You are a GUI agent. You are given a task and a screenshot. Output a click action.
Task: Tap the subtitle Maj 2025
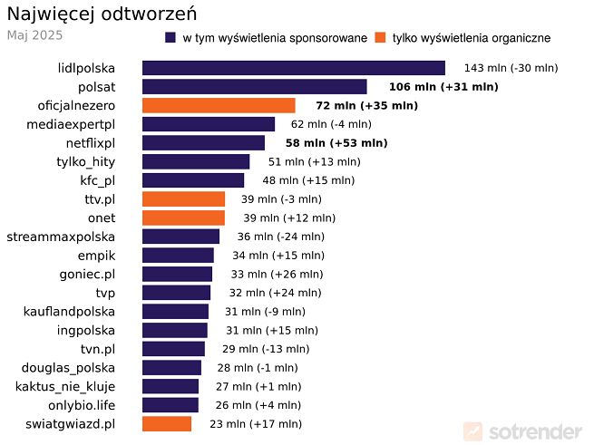coord(34,35)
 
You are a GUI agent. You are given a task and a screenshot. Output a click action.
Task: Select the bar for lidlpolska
coord(293,68)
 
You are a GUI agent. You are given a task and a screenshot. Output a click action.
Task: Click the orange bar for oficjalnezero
coord(219,105)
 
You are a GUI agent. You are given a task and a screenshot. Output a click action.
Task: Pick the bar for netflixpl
coord(203,143)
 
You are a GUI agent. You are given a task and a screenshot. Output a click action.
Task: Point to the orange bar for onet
coord(183,218)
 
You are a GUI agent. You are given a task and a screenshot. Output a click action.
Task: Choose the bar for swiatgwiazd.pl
coord(167,423)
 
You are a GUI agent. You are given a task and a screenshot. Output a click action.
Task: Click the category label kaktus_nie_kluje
coord(65,386)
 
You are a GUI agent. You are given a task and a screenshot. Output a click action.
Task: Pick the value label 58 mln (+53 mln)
coord(336,143)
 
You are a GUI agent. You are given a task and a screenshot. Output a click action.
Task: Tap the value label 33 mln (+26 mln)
coord(272,274)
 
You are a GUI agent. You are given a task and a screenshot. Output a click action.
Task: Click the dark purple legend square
coord(170,38)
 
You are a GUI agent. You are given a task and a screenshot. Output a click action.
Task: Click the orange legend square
coord(380,38)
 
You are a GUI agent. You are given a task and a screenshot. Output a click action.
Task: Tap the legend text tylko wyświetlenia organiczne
coord(472,38)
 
